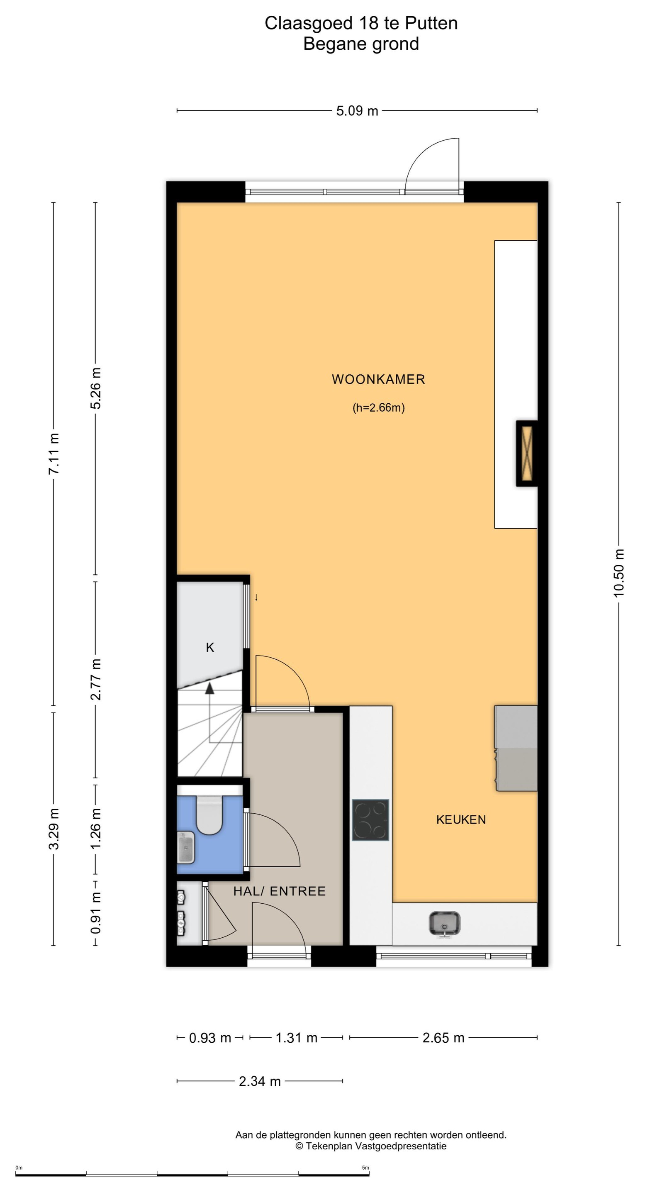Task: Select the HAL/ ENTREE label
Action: point(279,891)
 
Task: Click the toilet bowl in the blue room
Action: point(209,815)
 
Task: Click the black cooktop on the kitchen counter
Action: point(370,820)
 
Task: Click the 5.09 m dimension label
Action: point(357,111)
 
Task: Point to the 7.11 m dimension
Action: point(54,454)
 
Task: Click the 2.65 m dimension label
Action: point(443,1038)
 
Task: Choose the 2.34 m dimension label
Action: point(260,1081)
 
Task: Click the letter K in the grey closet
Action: point(210,647)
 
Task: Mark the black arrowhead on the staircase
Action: point(209,688)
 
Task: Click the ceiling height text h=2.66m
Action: point(378,408)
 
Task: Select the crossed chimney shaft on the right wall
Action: point(527,453)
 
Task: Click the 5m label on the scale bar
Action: point(365,1168)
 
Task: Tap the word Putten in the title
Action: point(431,23)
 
